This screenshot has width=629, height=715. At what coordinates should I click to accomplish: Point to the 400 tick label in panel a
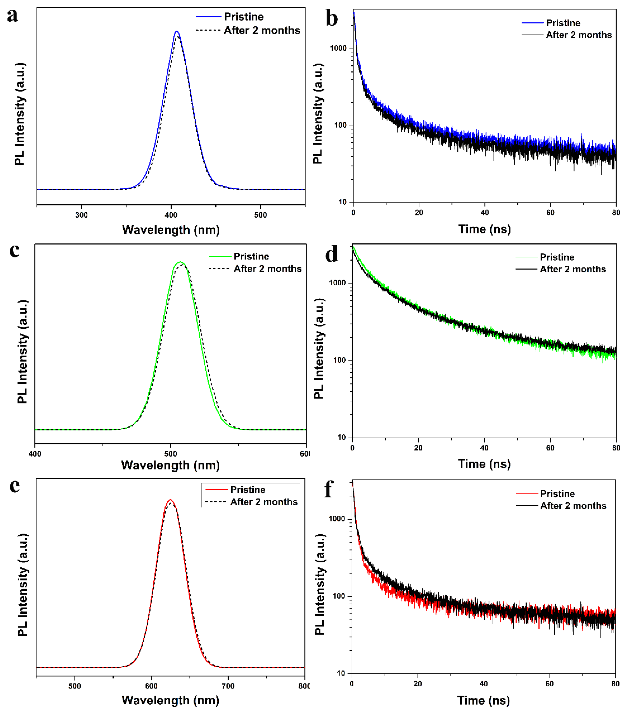pos(171,215)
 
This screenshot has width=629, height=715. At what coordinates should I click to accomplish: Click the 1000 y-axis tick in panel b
pos(338,48)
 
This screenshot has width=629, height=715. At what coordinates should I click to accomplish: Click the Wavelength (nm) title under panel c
pos(170,465)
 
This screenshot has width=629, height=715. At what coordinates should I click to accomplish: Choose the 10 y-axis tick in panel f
pos(341,673)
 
